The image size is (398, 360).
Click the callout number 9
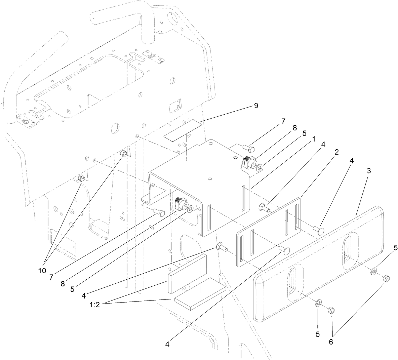click(256, 106)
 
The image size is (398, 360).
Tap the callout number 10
click(42, 271)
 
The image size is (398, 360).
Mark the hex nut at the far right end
click(386, 279)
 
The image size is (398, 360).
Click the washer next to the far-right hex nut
click(374, 271)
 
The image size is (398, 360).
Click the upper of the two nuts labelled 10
click(123, 154)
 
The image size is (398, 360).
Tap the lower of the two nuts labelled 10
click(81, 178)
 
